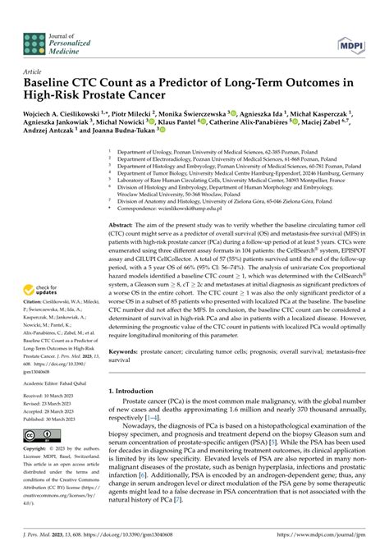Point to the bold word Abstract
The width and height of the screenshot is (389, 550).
pyautogui.click(x=121, y=224)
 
